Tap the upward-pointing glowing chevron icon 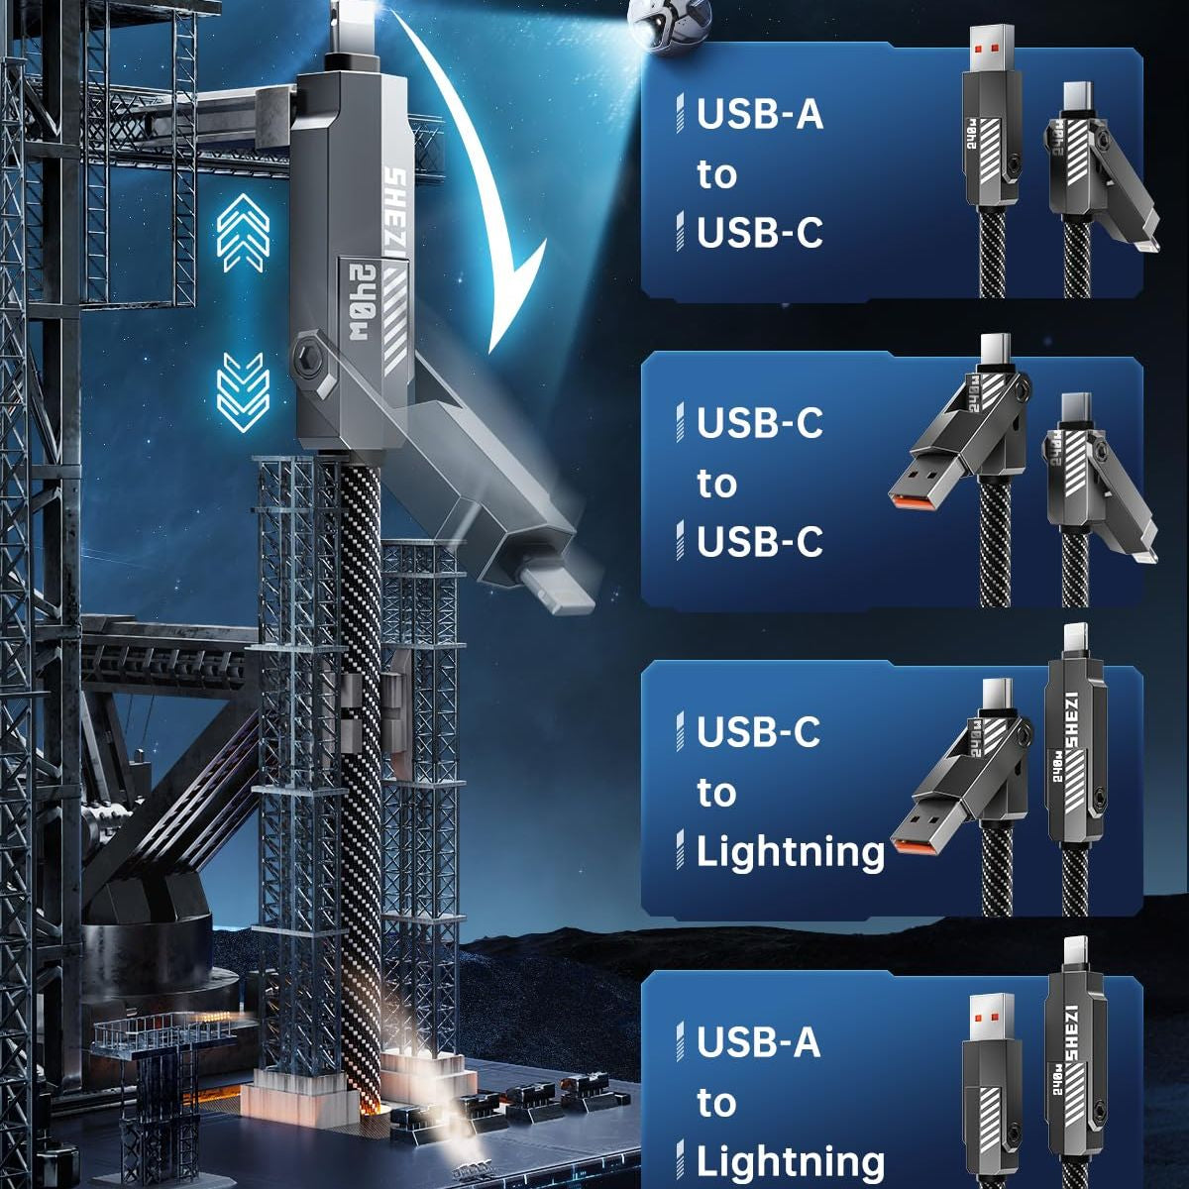coord(243,233)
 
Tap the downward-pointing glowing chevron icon coord(243,391)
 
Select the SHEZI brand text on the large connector coord(395,217)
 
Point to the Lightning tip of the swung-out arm coord(559,591)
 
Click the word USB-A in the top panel coord(760,114)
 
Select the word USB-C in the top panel coord(760,232)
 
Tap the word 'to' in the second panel coord(717,484)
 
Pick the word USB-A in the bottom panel coord(758,1042)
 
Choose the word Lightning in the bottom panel coord(791,1163)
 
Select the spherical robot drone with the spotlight coord(670,25)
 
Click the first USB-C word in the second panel coord(760,423)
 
